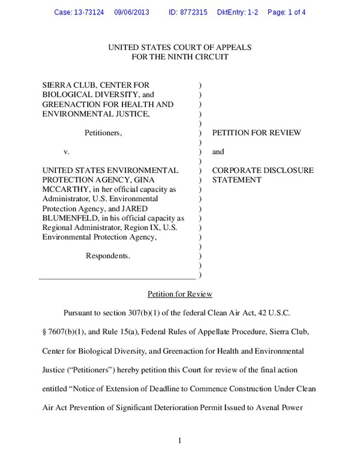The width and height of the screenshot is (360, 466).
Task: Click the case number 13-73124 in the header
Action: coord(92,11)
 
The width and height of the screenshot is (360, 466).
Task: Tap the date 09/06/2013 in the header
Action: coord(133,11)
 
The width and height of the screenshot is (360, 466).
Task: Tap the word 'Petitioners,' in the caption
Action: coord(103,133)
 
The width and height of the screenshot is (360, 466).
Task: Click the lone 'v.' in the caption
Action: coord(67,152)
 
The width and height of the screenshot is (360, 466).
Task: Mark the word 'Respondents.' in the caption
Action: coord(108,255)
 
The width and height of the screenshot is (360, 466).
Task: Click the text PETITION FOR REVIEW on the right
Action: coord(257,133)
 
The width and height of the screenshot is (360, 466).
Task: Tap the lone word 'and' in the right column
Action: coord(218,152)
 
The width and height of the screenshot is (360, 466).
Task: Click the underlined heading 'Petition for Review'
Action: coord(179,294)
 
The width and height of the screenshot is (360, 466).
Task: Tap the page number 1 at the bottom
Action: coord(179,442)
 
